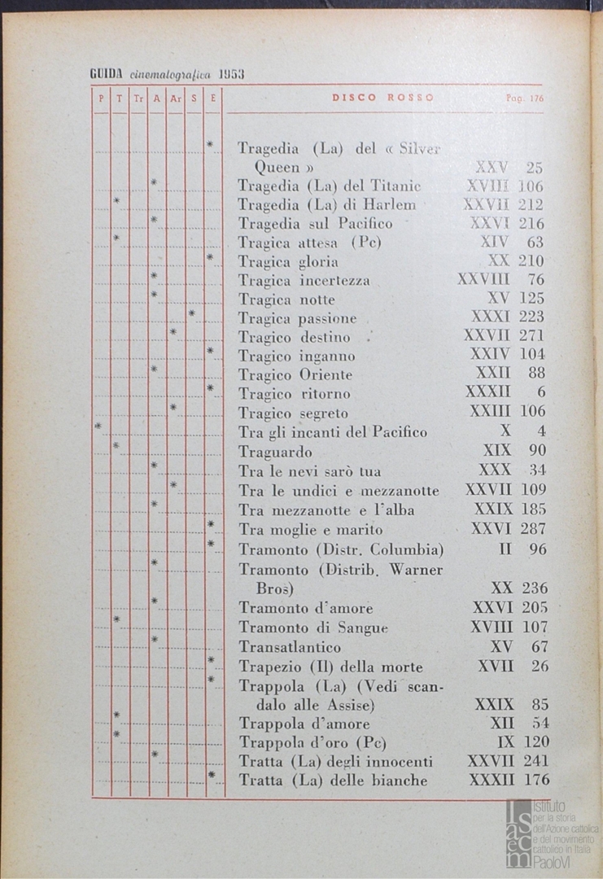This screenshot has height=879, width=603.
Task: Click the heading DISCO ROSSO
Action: point(382,98)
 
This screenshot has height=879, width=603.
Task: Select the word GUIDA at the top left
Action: point(106,75)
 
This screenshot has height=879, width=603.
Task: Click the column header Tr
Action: point(138,98)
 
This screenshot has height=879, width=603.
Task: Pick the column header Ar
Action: point(175,98)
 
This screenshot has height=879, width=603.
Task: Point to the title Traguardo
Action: point(275,452)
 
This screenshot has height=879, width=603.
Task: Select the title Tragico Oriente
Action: point(295,375)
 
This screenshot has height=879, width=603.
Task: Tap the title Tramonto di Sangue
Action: point(313,628)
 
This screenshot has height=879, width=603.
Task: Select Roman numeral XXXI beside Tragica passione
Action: point(491,317)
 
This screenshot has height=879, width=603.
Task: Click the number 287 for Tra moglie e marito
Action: point(532,529)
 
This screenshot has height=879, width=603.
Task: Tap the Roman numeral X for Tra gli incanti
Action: point(505,431)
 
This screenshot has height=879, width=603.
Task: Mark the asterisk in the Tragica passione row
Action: point(192,313)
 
